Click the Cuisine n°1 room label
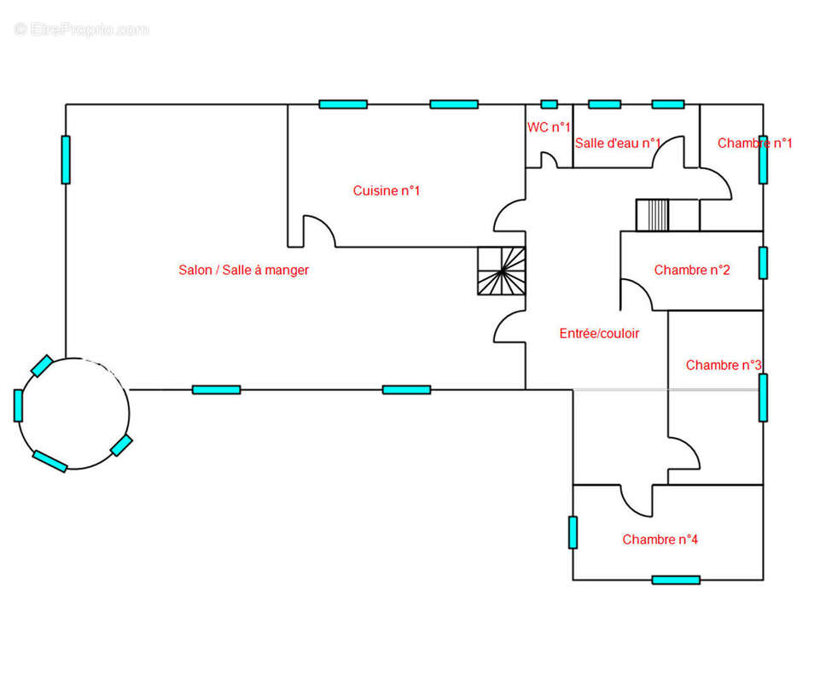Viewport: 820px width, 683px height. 386,190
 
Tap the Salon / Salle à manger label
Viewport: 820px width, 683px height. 244,270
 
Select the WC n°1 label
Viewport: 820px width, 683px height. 549,127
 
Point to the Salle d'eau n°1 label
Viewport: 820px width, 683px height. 618,143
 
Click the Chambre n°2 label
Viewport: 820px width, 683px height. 691,270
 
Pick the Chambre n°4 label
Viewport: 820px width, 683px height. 660,540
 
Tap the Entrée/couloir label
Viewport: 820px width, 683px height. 599,333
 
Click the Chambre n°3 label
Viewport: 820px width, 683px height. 724,365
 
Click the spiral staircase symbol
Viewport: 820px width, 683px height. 502,271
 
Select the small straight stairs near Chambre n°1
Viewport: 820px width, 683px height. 652,214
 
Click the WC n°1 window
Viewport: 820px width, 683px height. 550,104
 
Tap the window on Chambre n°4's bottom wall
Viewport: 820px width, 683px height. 676,580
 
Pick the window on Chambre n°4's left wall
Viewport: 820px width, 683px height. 573,532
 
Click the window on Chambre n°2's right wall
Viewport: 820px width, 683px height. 763,263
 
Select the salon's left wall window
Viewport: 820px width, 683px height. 66,160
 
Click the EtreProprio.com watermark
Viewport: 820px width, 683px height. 82,29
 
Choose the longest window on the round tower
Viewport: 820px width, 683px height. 49,461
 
